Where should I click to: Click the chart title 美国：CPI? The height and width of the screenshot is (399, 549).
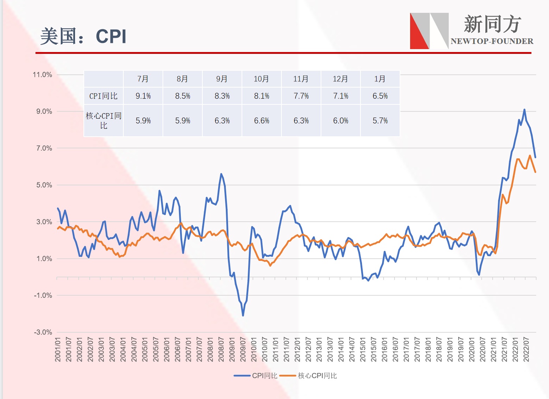83,36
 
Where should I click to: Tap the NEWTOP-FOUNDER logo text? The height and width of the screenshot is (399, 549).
492,41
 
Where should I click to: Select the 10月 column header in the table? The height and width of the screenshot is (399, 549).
261,79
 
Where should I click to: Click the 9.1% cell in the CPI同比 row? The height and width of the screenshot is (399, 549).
143,96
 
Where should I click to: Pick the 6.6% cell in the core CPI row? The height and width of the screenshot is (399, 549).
261,121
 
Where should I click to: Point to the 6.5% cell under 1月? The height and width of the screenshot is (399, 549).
380,96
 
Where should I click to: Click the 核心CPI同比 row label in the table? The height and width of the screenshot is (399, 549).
104,121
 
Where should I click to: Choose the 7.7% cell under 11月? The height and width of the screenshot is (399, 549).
301,96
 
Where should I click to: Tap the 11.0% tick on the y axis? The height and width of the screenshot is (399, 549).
42,75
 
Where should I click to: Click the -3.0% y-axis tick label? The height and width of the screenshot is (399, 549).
43,332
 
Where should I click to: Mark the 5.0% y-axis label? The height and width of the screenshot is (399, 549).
44,185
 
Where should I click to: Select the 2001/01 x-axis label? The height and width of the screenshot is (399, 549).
58,350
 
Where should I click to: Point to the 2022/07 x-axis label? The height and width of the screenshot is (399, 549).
526,350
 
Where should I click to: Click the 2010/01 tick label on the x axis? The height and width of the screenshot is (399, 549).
254,350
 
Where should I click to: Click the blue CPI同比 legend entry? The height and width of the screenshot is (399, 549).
256,376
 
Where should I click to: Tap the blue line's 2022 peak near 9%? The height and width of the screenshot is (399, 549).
524,110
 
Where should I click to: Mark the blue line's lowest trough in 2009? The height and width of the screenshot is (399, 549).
243,315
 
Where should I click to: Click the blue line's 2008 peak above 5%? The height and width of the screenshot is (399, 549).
221,174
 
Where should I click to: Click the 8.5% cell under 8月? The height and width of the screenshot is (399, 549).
183,96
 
